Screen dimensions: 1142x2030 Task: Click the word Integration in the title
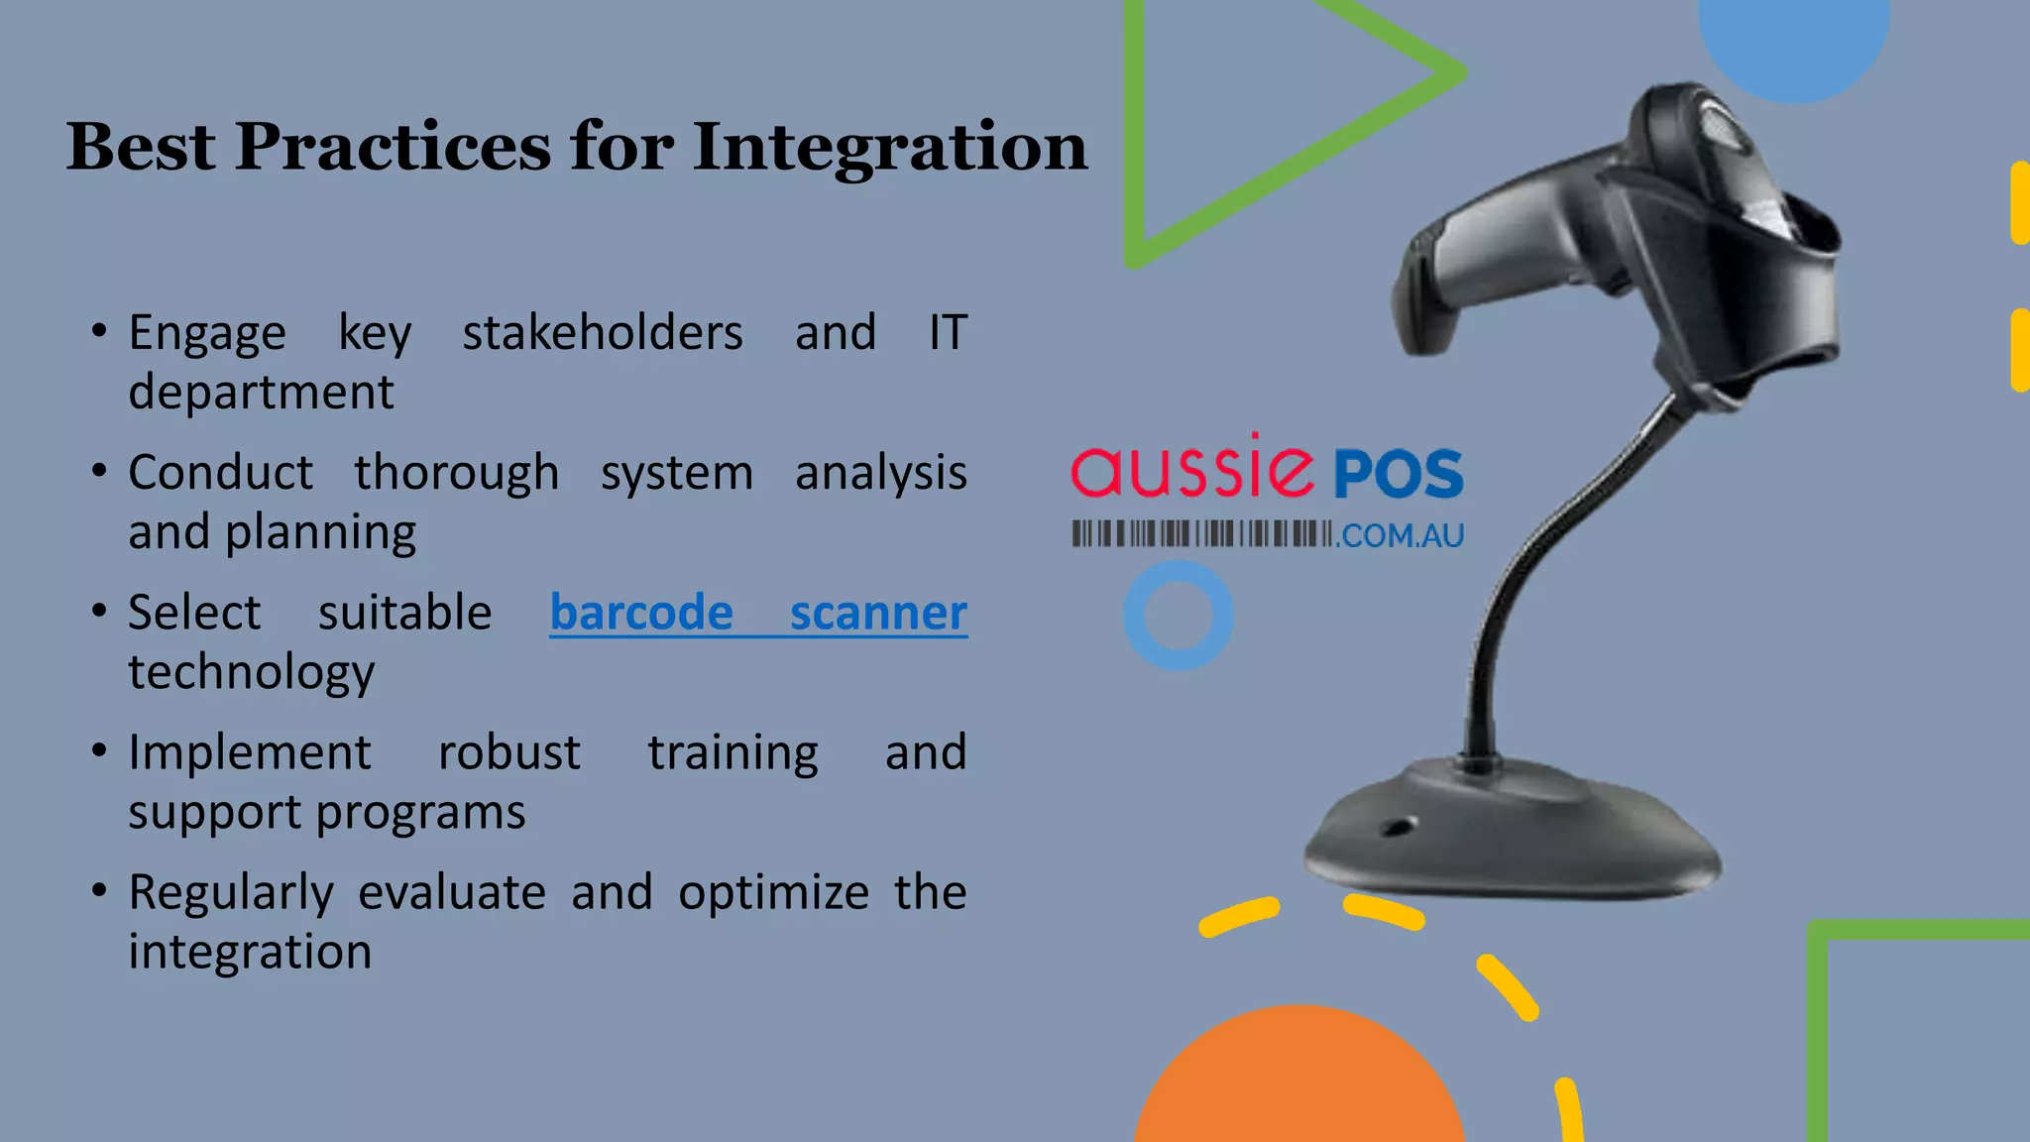pos(889,147)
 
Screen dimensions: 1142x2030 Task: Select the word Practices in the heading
pos(392,147)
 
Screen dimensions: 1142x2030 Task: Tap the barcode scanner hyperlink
pos(758,613)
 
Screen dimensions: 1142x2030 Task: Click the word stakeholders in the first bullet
pos(602,332)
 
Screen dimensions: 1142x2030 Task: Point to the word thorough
pos(457,472)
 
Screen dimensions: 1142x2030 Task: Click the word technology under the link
pos(252,672)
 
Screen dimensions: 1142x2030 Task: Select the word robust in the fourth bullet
pos(508,752)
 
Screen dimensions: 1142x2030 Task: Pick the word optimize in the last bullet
pos(773,892)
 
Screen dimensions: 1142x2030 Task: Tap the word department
pos(261,392)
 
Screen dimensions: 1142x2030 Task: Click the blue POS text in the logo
pos(1398,474)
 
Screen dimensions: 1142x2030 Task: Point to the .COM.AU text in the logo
pos(1401,536)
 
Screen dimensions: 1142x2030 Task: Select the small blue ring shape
pos(1179,616)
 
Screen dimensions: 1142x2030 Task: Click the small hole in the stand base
pos(1399,826)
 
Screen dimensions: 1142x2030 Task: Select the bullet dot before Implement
pos(99,750)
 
